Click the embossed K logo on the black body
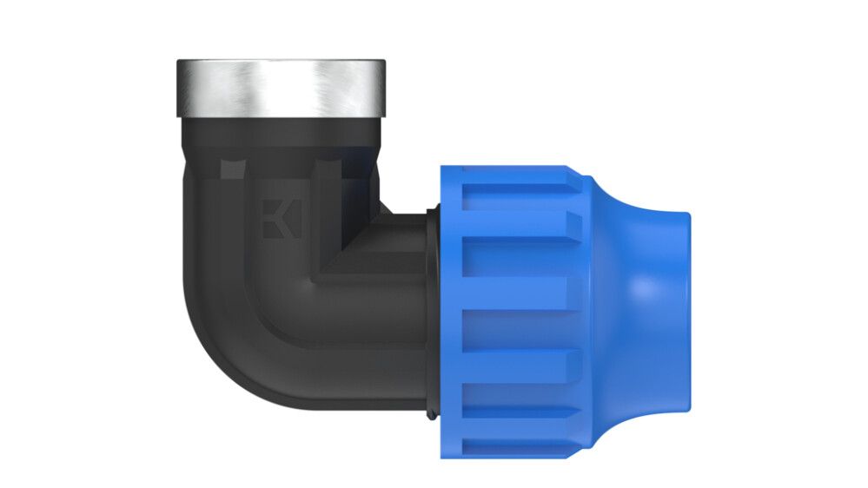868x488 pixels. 280,220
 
